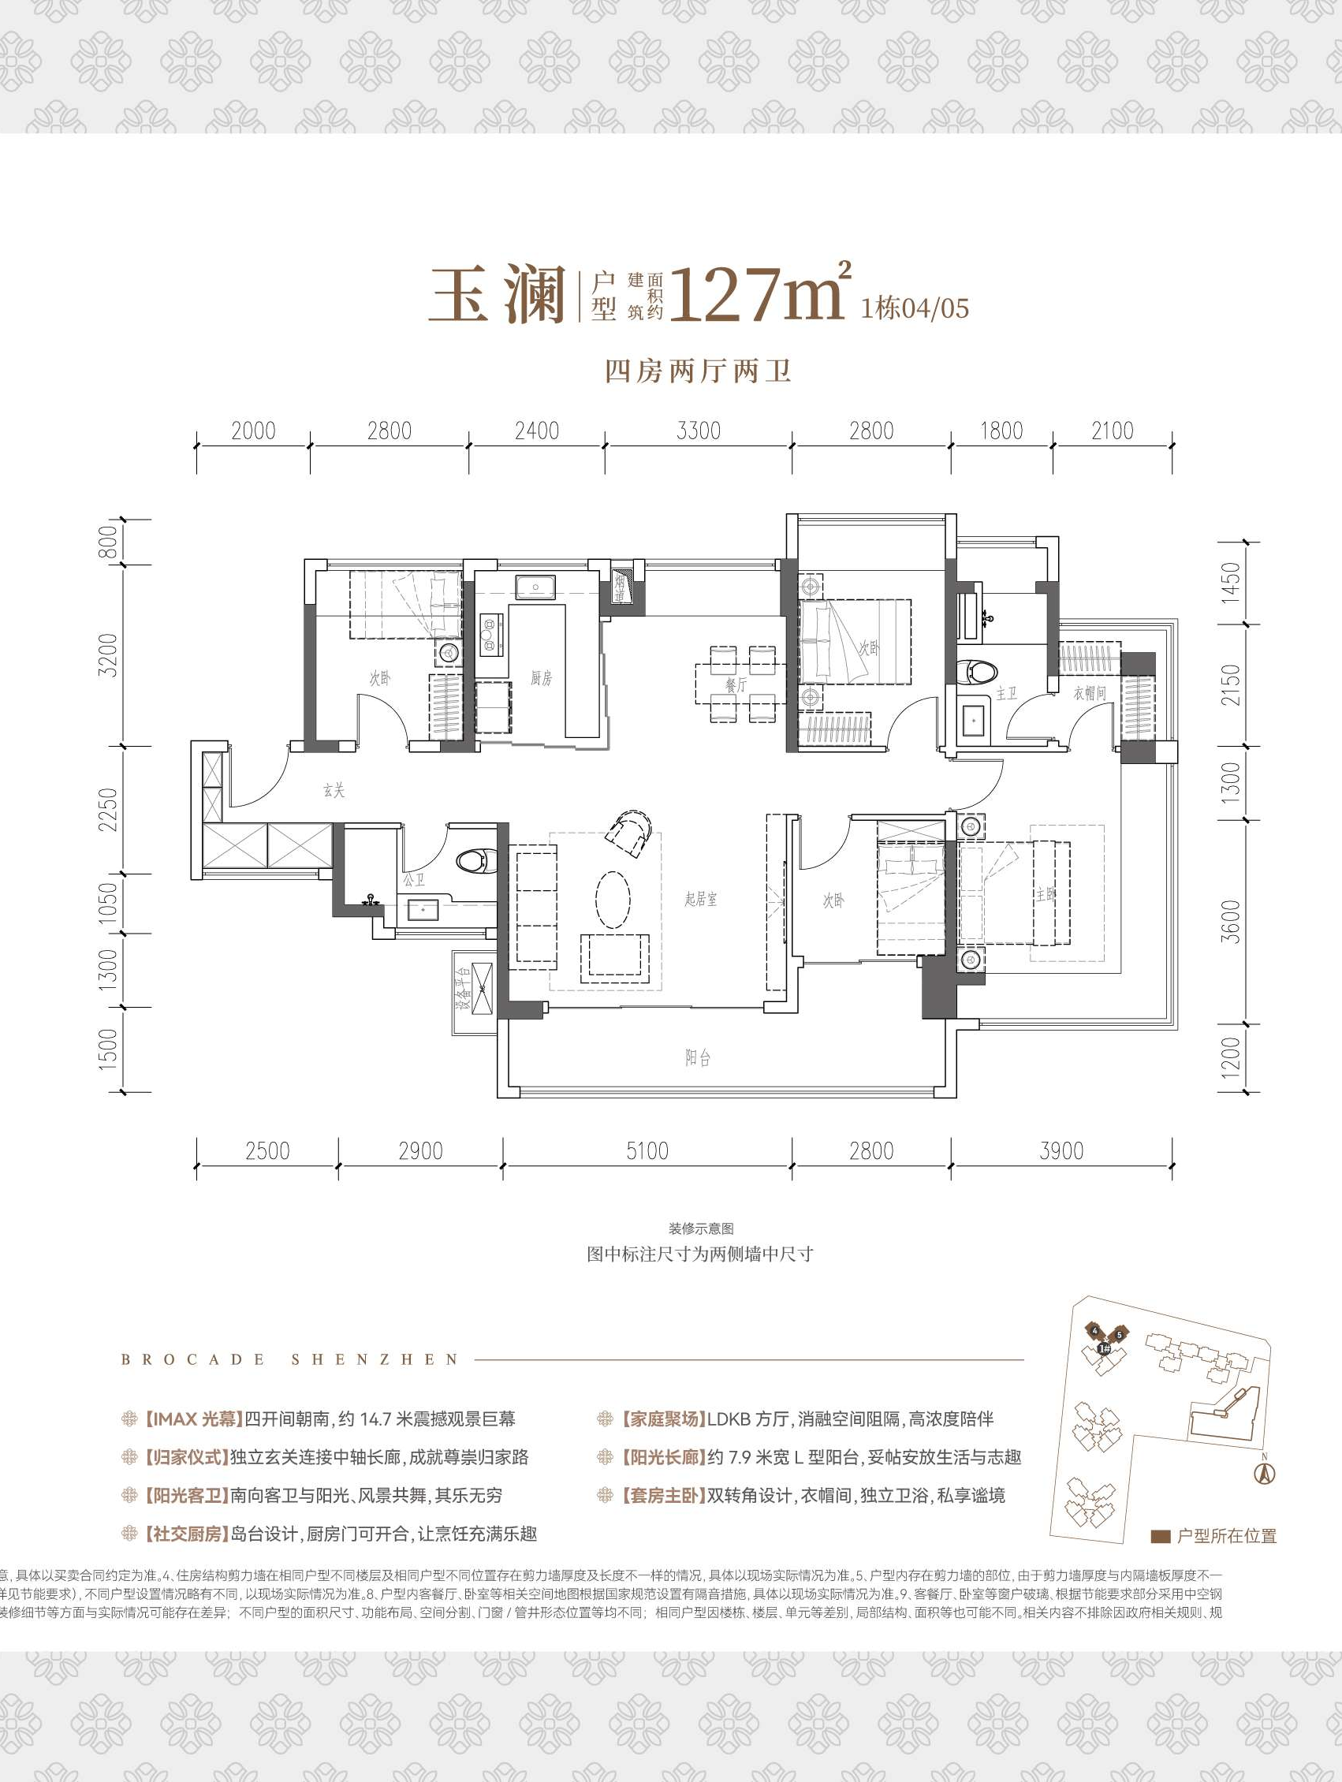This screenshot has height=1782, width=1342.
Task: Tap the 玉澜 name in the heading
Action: tap(497, 296)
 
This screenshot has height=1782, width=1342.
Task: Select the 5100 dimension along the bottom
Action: tap(647, 1150)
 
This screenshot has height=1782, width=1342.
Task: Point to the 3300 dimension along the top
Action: tap(698, 431)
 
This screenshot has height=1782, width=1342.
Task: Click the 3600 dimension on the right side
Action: tap(1232, 921)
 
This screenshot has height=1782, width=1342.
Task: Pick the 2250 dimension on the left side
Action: tap(109, 809)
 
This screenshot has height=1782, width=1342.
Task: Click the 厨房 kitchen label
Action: tap(540, 678)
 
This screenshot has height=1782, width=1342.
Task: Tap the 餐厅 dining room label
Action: tap(736, 684)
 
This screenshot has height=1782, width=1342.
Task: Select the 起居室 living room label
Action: tap(700, 899)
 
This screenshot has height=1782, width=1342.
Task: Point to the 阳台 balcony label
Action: tap(698, 1057)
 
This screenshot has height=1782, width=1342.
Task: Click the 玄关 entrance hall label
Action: tap(334, 791)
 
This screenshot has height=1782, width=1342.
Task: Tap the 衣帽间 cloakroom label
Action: tap(1089, 693)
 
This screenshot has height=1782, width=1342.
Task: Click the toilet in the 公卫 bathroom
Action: tap(475, 861)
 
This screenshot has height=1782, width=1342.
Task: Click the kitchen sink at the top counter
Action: tap(535, 587)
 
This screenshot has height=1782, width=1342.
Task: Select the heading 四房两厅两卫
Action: tap(698, 371)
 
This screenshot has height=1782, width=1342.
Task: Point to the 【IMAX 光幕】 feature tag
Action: tap(193, 1419)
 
